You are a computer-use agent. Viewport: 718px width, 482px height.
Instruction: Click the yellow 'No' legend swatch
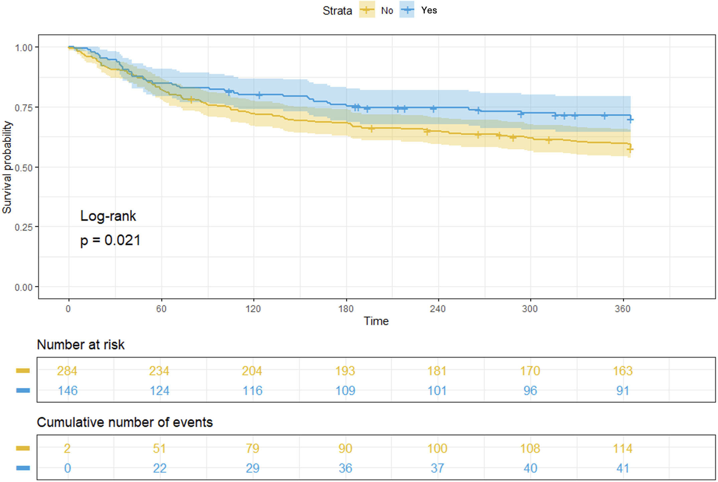point(367,10)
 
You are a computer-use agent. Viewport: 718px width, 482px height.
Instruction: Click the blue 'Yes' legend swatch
point(407,10)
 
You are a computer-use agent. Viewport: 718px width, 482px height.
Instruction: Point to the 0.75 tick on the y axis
point(24,107)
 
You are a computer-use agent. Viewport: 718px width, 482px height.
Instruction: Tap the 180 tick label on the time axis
point(346,309)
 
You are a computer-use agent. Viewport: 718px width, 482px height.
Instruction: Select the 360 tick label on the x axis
point(622,309)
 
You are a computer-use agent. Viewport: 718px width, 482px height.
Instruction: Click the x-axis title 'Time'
point(376,321)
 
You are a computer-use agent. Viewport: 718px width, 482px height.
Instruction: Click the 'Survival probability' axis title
point(7,167)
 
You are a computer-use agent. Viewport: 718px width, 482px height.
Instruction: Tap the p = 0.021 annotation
point(110,240)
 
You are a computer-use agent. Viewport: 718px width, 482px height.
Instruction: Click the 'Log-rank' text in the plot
point(108,216)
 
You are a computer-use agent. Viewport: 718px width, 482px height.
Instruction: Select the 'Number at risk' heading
point(80,345)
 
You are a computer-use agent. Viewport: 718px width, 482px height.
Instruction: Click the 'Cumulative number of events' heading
point(125,423)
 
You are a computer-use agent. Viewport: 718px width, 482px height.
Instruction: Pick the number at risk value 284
point(67,371)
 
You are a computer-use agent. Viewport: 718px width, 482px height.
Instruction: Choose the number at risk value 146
point(68,391)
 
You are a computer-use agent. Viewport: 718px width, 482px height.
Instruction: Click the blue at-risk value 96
point(530,391)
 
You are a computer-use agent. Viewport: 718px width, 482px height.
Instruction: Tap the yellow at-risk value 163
point(622,371)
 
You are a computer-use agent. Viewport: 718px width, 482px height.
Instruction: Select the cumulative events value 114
point(622,449)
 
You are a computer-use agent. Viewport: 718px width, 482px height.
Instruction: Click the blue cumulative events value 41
point(622,468)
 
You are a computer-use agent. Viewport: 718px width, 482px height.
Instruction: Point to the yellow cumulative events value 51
point(159,449)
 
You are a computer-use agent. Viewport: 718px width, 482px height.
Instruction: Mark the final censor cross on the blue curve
point(630,119)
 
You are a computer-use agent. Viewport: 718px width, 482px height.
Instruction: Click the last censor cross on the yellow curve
point(630,149)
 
